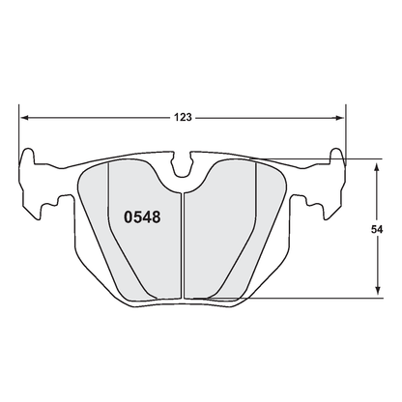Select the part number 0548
click(142, 217)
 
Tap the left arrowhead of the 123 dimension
click(27, 118)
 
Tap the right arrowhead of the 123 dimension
click(340, 118)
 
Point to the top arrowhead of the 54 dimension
click(377, 166)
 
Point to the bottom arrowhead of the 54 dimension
click(377, 293)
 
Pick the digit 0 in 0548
click(129, 217)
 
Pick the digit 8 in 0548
click(156, 217)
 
